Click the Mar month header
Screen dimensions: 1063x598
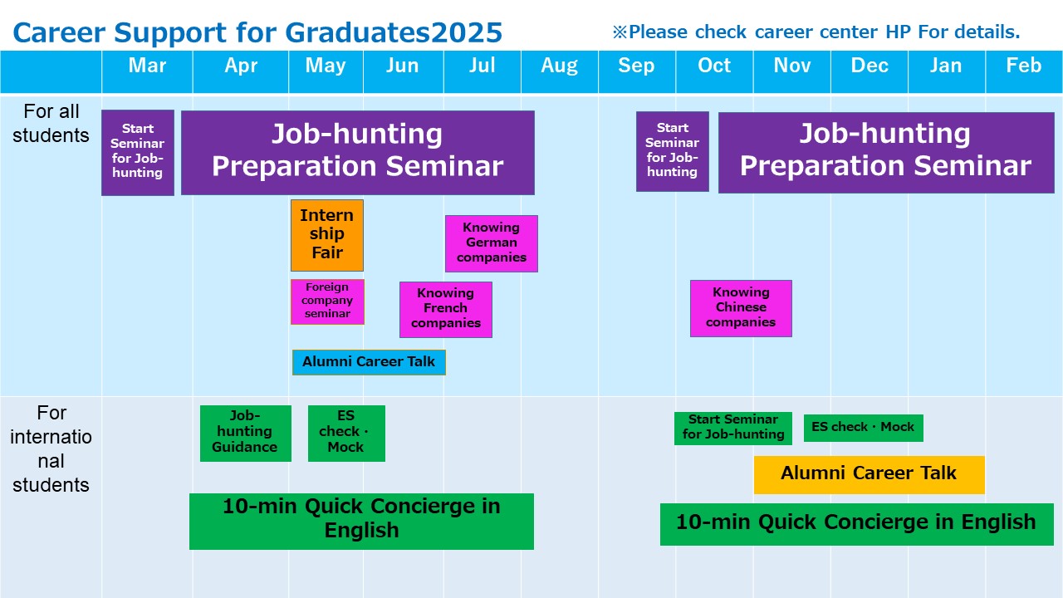(147, 66)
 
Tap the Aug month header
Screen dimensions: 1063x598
(559, 66)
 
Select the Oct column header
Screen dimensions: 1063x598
(713, 66)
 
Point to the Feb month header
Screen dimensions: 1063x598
(1024, 66)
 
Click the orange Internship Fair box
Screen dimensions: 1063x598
(327, 235)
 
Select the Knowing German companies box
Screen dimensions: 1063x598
(491, 243)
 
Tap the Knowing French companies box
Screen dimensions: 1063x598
(446, 310)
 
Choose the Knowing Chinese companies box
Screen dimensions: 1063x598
(741, 308)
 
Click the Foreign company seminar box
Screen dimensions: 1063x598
(327, 301)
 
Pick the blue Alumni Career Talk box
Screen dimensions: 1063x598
(369, 362)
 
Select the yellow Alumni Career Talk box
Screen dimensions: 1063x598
(869, 474)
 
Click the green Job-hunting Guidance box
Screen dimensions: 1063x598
(245, 433)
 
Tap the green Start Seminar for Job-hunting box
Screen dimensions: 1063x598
(733, 428)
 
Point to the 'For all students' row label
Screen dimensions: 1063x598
(51, 124)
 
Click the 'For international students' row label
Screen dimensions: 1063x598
(51, 449)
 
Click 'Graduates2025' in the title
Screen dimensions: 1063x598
(394, 32)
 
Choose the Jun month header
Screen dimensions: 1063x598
(402, 66)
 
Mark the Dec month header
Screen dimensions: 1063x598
(869, 66)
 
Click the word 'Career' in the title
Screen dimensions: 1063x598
(59, 32)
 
